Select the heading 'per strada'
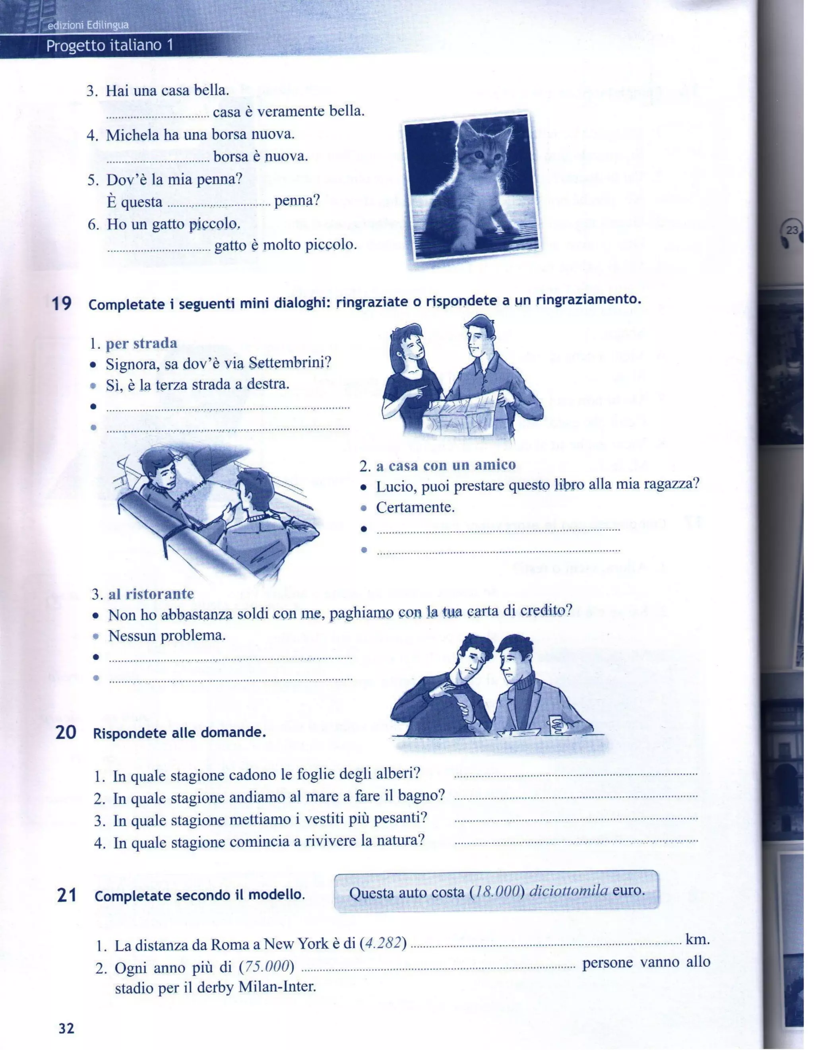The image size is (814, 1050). (x=141, y=343)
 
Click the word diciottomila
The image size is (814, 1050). (x=568, y=891)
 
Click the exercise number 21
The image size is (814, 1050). (x=66, y=896)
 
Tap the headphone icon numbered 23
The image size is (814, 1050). (x=791, y=233)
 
